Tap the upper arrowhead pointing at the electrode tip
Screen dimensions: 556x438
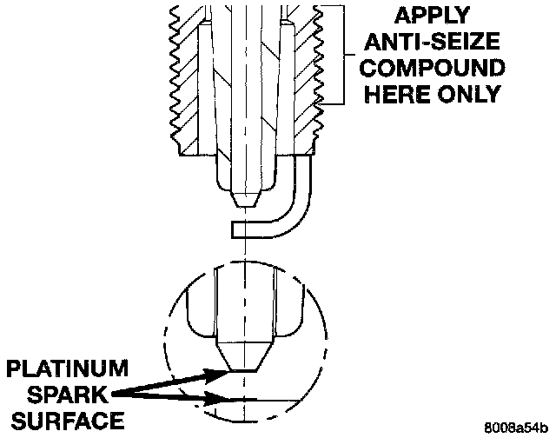[x=217, y=375]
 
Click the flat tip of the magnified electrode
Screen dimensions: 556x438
[x=246, y=369]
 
